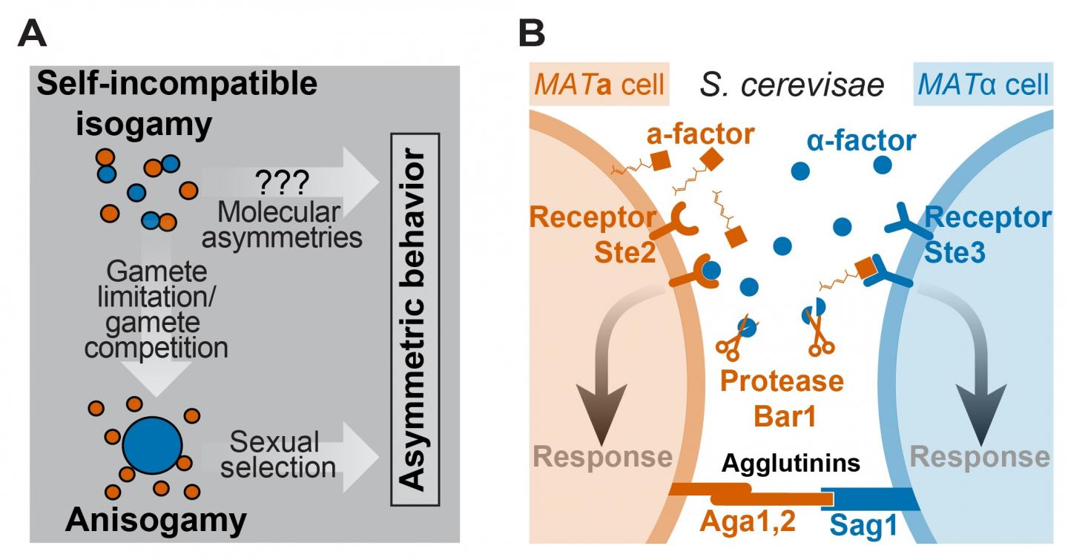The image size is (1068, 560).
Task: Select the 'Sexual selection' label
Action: coord(274,455)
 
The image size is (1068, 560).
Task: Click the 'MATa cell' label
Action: coord(599,85)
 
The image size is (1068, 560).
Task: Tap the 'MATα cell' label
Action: coord(983,85)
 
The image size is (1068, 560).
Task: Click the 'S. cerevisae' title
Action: coord(791,85)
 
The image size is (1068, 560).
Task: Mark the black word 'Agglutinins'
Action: coord(791,464)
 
